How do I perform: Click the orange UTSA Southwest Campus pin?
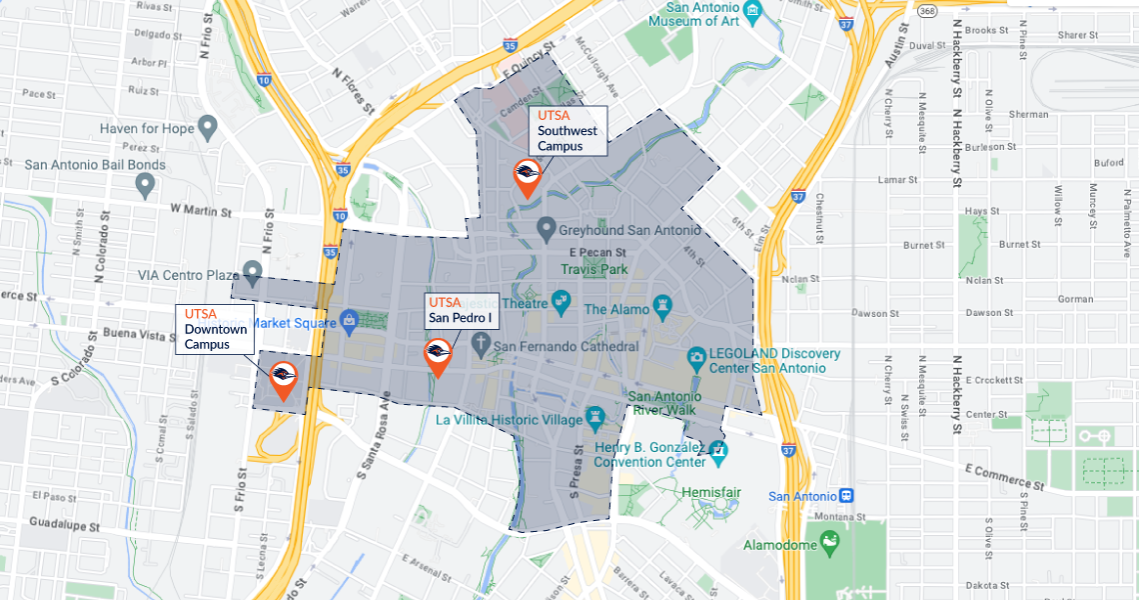pos(529,176)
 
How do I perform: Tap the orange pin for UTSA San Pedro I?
pos(438,355)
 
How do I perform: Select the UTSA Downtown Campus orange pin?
pos(284,377)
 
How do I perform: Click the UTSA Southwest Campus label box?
pos(568,131)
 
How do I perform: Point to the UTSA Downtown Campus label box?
pos(215,329)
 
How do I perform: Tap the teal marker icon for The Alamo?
pos(660,303)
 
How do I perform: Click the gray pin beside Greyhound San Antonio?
pos(546,229)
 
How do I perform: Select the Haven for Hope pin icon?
pos(208,127)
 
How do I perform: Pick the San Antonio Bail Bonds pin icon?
pos(145,184)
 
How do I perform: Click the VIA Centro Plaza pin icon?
pos(253,270)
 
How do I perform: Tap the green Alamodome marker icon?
pos(828,542)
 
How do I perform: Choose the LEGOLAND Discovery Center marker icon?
pos(697,356)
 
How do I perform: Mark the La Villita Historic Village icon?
pos(595,414)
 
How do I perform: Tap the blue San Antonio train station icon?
pos(846,496)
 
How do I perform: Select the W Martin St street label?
pos(201,210)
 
